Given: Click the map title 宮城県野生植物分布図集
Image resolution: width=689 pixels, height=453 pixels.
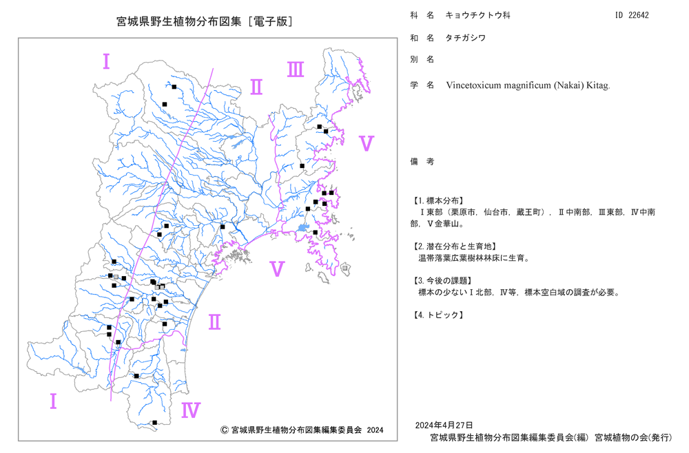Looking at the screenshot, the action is click(x=179, y=21).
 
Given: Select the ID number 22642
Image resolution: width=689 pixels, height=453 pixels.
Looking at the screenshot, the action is click(x=638, y=15).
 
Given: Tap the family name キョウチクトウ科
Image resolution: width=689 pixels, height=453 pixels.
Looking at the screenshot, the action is click(x=478, y=15).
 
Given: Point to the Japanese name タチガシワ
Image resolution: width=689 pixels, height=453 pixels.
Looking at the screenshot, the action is click(x=466, y=38).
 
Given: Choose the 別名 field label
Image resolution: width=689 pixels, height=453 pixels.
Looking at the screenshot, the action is click(x=422, y=59).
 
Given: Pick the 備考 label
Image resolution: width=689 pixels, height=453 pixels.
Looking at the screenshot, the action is click(x=422, y=162).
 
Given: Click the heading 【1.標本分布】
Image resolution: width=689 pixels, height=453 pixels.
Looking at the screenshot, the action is click(x=438, y=200).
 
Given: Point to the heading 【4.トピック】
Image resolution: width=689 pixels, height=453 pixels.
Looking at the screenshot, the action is click(x=438, y=315).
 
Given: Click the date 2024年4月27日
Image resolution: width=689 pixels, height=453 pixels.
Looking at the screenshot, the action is click(x=444, y=425).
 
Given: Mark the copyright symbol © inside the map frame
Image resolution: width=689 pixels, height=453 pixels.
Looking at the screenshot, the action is click(x=224, y=430).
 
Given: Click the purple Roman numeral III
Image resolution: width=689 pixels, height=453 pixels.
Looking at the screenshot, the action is click(x=296, y=70).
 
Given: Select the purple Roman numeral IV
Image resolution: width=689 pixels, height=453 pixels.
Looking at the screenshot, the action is click(x=191, y=410).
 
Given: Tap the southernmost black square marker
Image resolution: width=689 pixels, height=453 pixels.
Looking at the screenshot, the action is click(x=154, y=423).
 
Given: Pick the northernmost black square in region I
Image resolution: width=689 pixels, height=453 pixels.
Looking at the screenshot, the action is click(x=174, y=87).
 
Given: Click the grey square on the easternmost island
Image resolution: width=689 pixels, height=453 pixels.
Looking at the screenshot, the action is click(x=345, y=268).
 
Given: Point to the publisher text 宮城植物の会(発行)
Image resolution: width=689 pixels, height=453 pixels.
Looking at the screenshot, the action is click(x=633, y=437).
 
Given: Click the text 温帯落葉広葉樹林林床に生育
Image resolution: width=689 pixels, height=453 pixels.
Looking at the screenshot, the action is click(x=471, y=257).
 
